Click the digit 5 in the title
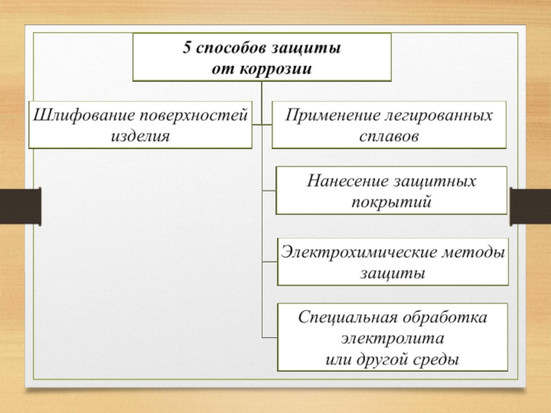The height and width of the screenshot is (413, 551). (x=187, y=50)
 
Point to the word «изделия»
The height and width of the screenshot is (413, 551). (x=140, y=134)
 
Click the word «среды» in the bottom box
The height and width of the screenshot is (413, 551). (x=438, y=359)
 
